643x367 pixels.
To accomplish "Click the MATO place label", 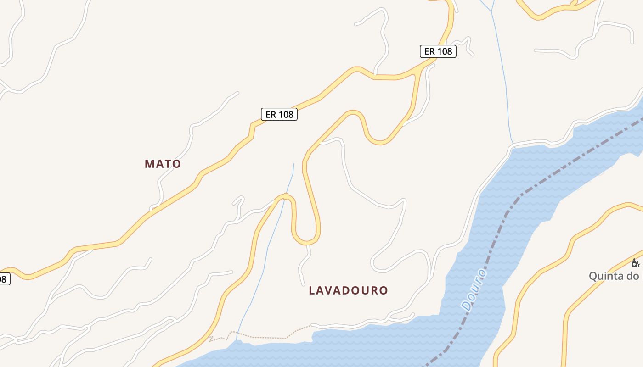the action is [x=163, y=164].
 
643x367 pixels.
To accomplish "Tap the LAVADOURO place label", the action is [x=348, y=290].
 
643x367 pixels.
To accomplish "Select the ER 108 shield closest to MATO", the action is [x=279, y=114].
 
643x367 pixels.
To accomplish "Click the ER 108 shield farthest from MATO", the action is [x=438, y=51].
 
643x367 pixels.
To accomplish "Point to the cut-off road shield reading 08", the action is [x=4, y=278].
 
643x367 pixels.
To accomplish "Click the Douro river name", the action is [x=474, y=290].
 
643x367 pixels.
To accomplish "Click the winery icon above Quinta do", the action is [x=636, y=263].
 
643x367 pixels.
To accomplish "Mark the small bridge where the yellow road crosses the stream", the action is [x=286, y=197].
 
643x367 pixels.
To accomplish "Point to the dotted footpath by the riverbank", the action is [x=266, y=337].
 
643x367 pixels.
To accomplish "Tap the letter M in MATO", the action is [x=149, y=164].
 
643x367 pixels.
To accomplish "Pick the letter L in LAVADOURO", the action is [x=312, y=290].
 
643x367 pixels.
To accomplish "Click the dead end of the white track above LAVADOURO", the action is [x=303, y=284].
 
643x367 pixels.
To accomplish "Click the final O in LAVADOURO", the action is [x=384, y=290].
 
